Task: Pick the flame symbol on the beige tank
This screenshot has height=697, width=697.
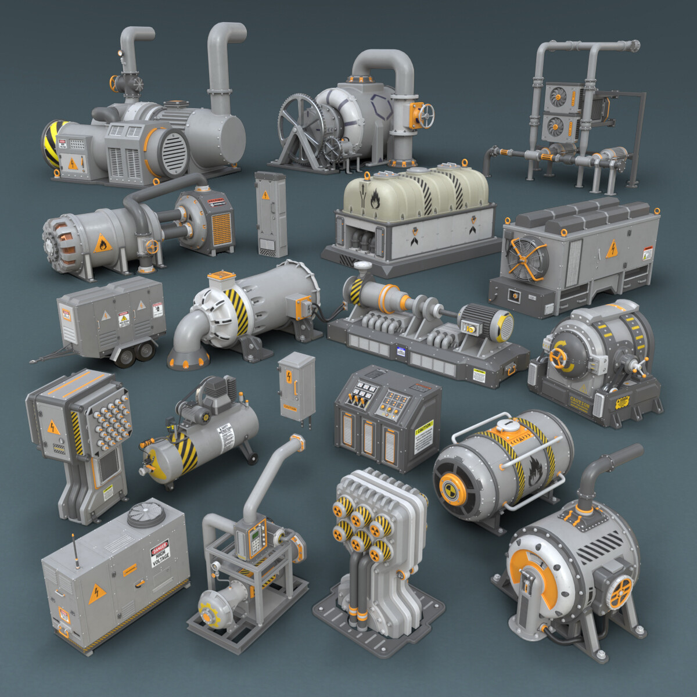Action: [x=372, y=199]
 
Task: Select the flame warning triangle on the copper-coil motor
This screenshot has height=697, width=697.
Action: [x=103, y=244]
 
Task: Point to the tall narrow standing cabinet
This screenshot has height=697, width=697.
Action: [x=271, y=214]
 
